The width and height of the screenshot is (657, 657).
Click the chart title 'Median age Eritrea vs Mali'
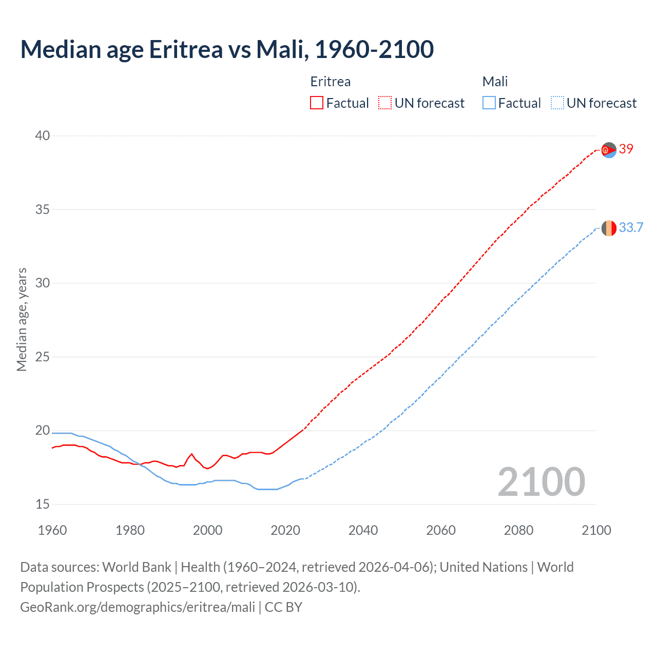coord(227,49)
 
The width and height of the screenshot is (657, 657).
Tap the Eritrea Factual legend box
coord(317,103)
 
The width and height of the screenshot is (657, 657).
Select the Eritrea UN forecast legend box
coord(385,103)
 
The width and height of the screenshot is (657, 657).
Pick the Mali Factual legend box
coord(489,103)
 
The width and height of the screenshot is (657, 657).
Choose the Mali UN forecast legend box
coord(557,103)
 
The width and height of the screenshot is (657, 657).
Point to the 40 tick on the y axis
coord(43,136)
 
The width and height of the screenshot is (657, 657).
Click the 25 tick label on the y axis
coord(43,357)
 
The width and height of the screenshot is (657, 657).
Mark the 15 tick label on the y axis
coord(43,504)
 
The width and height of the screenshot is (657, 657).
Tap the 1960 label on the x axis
coord(52,530)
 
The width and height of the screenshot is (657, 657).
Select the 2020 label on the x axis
coord(285,530)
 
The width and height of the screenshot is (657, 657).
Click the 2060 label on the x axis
coord(441,530)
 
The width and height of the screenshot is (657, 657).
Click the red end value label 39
coord(626,149)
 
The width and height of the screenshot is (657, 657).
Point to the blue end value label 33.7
coord(631,227)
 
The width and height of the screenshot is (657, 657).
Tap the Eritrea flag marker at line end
coord(609,150)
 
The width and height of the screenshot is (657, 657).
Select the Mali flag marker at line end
coord(609,228)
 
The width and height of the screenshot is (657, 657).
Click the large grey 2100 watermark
coord(541,481)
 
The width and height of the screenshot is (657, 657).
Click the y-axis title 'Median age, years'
coord(22,319)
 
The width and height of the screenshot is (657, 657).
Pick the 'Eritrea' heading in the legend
coord(331,82)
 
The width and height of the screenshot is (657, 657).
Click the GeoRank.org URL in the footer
coord(138,607)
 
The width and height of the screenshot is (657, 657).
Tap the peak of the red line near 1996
coord(192,454)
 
